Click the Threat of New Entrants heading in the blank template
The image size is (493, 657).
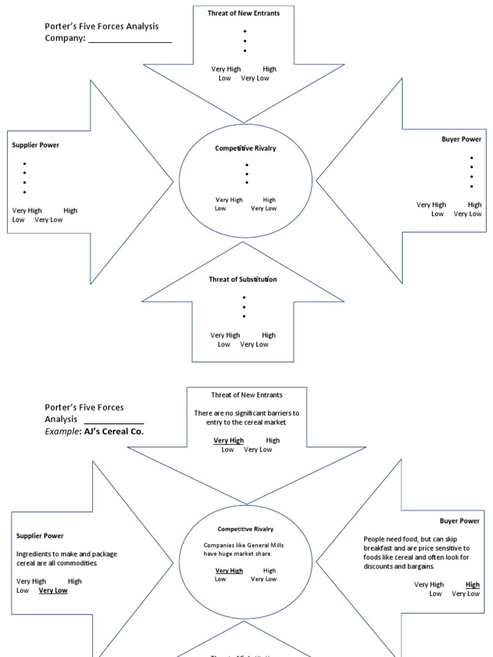coord(243,13)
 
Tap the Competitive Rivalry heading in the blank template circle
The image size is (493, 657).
coord(245,148)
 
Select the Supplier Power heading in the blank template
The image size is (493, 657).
coord(35,145)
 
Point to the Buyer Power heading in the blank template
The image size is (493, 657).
coord(461,139)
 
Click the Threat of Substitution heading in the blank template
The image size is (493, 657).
coord(243,279)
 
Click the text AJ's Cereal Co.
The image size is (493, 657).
coord(112,431)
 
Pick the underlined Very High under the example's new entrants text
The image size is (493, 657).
coord(229,440)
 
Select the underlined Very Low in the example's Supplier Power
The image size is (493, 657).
coord(53,590)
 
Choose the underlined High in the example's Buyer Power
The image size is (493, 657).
coord(472,584)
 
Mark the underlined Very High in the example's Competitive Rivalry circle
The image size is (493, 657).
coord(229,570)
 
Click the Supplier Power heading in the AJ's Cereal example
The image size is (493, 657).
coord(40,536)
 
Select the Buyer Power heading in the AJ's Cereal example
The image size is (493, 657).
coord(460,521)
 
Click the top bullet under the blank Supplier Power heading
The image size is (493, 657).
coord(24,164)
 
